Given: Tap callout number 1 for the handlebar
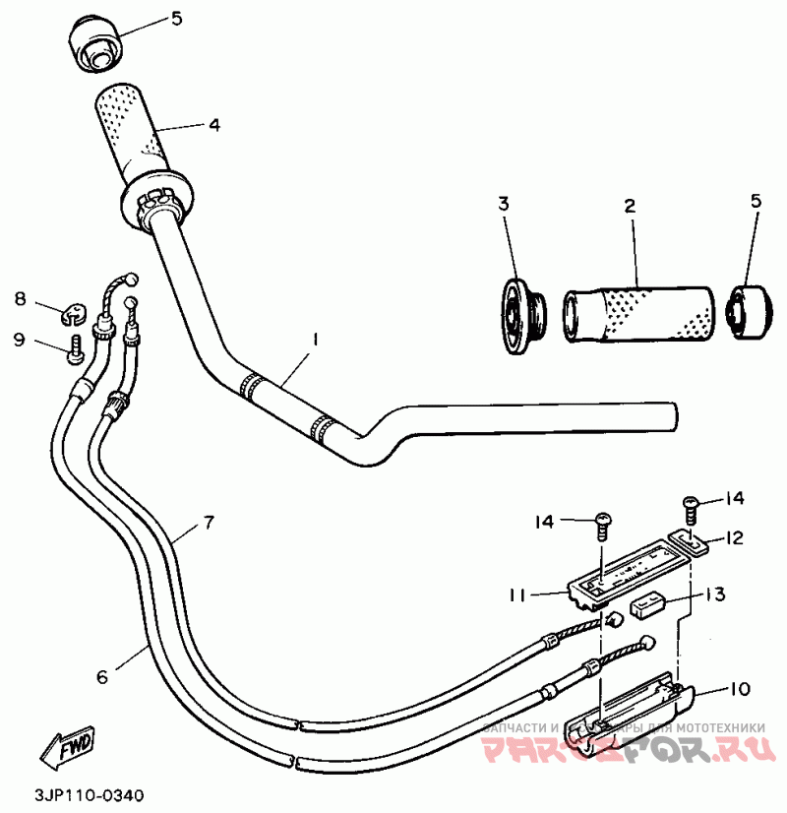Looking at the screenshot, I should (x=315, y=339).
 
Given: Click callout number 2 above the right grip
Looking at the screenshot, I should (x=630, y=206).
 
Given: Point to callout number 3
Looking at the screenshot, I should (x=503, y=205).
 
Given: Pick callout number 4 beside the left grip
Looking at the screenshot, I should (x=212, y=125).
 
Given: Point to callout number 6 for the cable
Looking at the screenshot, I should (x=101, y=676).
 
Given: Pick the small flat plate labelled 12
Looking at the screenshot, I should (x=690, y=542).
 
